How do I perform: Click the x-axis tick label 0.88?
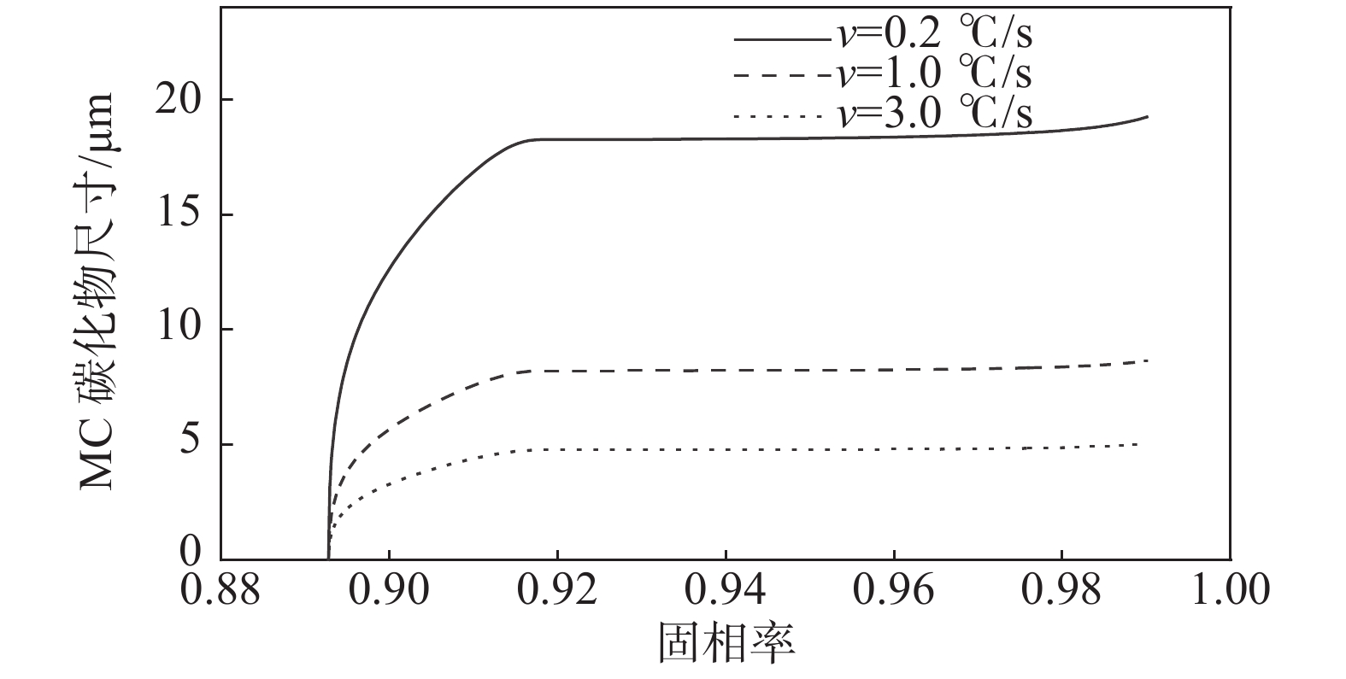coord(220,590)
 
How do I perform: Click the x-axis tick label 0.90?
coord(389,590)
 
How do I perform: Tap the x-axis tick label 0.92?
coord(557,590)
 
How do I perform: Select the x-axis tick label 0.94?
coord(726,590)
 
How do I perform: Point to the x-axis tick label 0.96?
coord(894,590)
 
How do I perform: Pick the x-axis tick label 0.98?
coord(1062,590)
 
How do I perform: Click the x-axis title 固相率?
coord(726,642)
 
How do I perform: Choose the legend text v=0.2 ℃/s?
coord(936,36)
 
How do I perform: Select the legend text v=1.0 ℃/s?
coord(936,74)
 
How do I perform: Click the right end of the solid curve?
coord(1147,116)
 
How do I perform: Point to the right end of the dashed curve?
coord(1147,360)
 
